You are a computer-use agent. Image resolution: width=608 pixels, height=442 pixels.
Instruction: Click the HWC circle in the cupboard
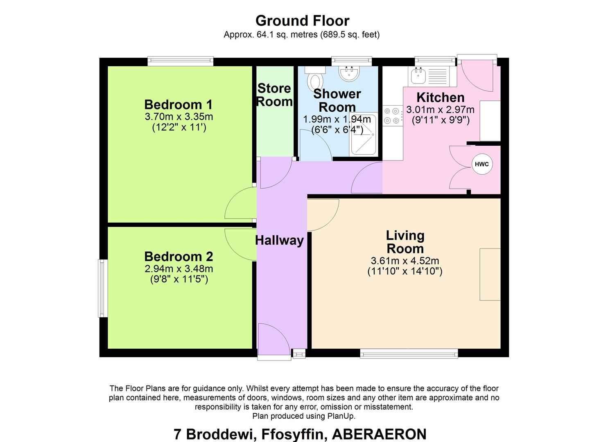(x=481, y=164)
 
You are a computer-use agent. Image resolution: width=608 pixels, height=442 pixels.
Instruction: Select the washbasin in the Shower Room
(x=349, y=74)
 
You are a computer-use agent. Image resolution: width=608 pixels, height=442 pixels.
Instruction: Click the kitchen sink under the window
(x=418, y=76)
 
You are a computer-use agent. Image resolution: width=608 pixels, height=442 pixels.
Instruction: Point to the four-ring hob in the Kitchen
(x=392, y=115)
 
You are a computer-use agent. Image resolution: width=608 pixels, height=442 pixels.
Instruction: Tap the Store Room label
(x=274, y=95)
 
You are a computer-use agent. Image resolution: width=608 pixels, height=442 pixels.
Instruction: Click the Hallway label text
(x=279, y=240)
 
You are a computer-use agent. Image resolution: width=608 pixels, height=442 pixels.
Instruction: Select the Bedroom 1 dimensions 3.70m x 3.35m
(x=179, y=117)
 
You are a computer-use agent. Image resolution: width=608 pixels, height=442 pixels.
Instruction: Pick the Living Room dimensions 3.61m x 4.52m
(x=405, y=261)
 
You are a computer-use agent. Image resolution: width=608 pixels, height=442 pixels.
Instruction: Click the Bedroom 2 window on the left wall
(x=102, y=288)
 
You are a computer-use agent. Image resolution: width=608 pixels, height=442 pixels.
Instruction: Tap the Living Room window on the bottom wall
(x=409, y=354)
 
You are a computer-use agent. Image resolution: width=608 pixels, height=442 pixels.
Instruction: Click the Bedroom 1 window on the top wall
(x=180, y=61)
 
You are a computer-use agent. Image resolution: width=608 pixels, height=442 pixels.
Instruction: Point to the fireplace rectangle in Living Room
(x=490, y=274)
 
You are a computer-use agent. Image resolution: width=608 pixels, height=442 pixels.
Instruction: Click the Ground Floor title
(x=302, y=20)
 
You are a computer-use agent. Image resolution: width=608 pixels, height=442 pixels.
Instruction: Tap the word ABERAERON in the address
(x=379, y=434)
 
